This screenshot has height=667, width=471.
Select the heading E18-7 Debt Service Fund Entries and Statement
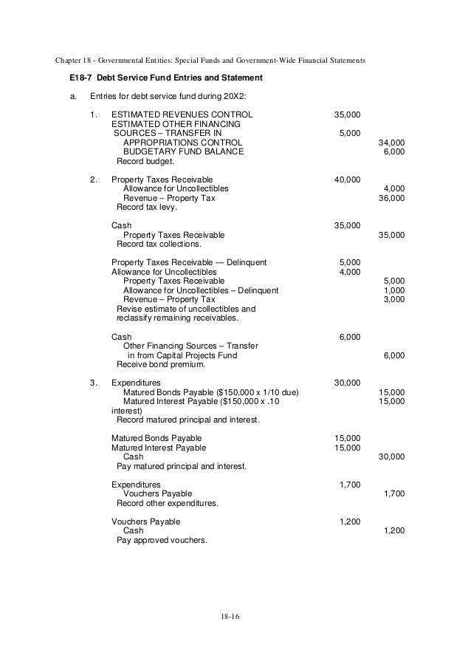[x=160, y=78]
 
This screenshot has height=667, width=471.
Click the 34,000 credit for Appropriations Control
[x=391, y=142]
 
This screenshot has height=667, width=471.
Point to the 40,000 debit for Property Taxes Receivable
[x=347, y=179]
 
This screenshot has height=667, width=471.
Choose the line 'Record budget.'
[x=145, y=161]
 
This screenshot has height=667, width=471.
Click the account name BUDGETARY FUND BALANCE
[x=183, y=151]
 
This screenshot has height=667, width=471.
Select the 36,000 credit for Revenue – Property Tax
[x=391, y=198]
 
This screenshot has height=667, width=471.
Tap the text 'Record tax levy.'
[x=148, y=208]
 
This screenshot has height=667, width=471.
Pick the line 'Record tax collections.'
[x=158, y=244]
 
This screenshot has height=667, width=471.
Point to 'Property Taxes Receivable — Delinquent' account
[x=189, y=262]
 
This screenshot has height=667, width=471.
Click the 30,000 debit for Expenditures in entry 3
[x=347, y=383]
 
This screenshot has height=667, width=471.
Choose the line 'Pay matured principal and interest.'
[x=182, y=466]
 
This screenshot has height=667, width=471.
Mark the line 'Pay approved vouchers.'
[x=162, y=540]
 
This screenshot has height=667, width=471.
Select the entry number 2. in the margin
[x=93, y=179]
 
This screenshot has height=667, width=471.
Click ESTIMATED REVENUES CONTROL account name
[x=181, y=115]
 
